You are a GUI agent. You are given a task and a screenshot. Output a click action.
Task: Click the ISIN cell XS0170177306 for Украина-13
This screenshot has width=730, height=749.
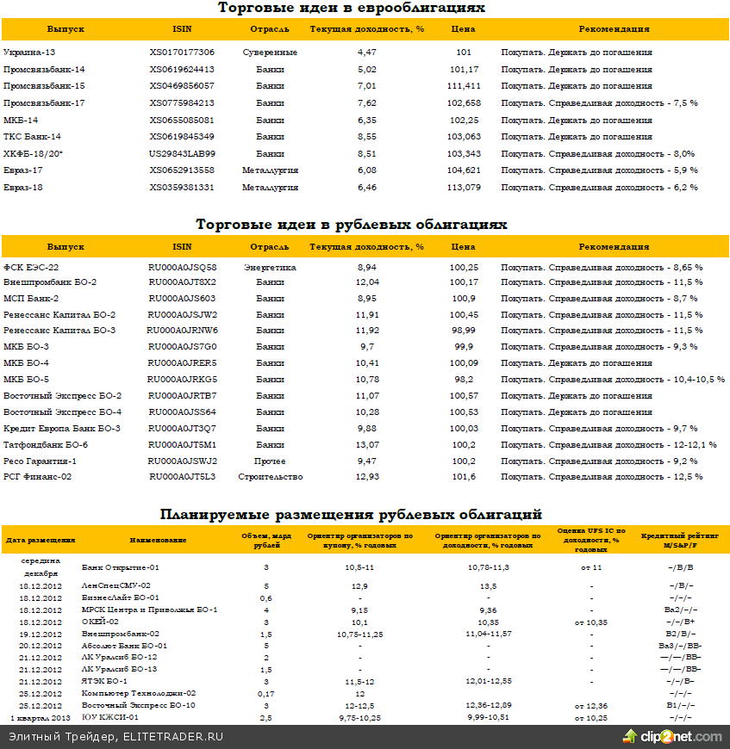point(182,53)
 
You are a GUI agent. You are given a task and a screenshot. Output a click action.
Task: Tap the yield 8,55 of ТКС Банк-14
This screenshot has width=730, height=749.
point(366,137)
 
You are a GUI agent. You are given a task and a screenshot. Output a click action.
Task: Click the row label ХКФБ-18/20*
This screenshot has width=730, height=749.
point(34,154)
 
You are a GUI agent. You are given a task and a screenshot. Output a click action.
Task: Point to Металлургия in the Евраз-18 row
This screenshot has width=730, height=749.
point(270,188)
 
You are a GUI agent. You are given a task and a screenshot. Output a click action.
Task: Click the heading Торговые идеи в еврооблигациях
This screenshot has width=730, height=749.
point(351,9)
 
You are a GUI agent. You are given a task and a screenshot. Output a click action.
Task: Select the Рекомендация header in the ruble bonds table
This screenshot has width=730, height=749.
point(614,246)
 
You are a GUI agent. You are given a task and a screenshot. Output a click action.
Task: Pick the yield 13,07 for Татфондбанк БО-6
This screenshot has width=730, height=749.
point(367,445)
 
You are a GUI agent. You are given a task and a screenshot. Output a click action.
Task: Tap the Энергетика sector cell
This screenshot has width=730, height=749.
point(270,268)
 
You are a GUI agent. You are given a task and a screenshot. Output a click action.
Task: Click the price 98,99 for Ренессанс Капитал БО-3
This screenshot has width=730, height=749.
point(464,331)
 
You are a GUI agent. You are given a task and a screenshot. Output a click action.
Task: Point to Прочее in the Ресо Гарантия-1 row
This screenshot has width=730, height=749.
point(270,461)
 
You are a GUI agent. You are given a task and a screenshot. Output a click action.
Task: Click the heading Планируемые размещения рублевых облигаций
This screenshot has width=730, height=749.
point(351,515)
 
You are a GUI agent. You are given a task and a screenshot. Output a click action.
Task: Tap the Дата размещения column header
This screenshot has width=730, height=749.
point(41,540)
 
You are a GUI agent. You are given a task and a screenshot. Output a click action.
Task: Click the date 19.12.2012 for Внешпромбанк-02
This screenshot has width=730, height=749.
point(41,634)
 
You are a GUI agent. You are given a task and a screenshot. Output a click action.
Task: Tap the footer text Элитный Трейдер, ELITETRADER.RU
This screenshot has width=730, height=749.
point(115,737)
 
